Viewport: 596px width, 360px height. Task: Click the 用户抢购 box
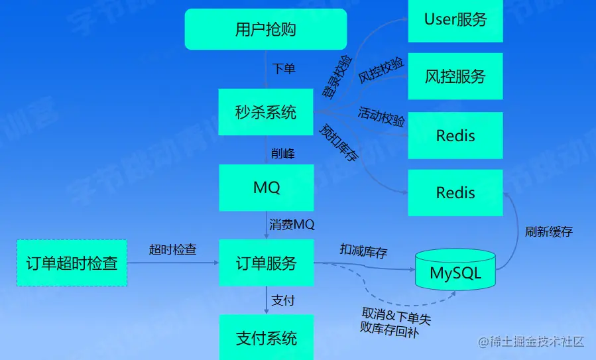pyautogui.click(x=266, y=29)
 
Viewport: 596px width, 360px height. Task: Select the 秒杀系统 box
pyautogui.click(x=266, y=112)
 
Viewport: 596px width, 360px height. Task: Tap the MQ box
pyautogui.click(x=266, y=188)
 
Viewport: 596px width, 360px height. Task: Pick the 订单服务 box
pyautogui.click(x=266, y=263)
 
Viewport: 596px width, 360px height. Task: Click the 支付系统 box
pyautogui.click(x=266, y=338)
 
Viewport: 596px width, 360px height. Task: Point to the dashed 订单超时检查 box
pyautogui.click(x=72, y=263)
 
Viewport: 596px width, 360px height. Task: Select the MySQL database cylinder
pyautogui.click(x=455, y=271)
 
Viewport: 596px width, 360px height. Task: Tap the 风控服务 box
pyautogui.click(x=455, y=76)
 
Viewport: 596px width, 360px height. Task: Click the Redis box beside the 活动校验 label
pyautogui.click(x=455, y=135)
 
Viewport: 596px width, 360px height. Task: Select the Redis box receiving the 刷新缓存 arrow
pyautogui.click(x=455, y=193)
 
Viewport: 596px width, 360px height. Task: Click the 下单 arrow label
pyautogui.click(x=284, y=68)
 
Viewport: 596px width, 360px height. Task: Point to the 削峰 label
pyautogui.click(x=283, y=153)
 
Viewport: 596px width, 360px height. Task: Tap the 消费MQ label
pyautogui.click(x=292, y=225)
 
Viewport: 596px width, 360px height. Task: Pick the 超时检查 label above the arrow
pyautogui.click(x=173, y=249)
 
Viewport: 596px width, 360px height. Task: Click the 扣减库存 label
pyautogui.click(x=363, y=250)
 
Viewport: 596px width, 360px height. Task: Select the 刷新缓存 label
pyautogui.click(x=548, y=232)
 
